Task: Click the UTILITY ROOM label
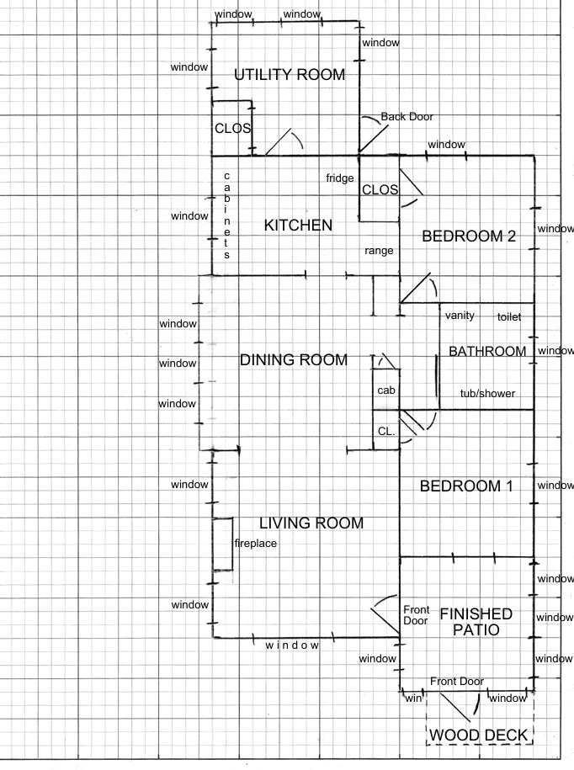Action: pyautogui.click(x=290, y=75)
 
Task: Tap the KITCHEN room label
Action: pyautogui.click(x=298, y=225)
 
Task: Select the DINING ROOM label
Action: pyautogui.click(x=294, y=360)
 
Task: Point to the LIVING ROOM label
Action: pyautogui.click(x=311, y=523)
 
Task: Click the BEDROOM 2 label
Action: pyautogui.click(x=469, y=236)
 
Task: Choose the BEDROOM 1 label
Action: pyautogui.click(x=466, y=486)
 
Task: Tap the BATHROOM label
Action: pyautogui.click(x=487, y=351)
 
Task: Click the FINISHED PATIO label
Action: pyautogui.click(x=476, y=622)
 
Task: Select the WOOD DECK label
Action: pyautogui.click(x=478, y=735)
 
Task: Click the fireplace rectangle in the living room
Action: pyautogui.click(x=222, y=544)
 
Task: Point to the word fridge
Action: pyautogui.click(x=340, y=178)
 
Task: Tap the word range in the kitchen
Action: pyautogui.click(x=379, y=251)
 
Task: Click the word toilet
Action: pyautogui.click(x=508, y=317)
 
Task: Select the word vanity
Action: pyautogui.click(x=460, y=316)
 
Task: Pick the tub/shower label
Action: pyautogui.click(x=487, y=393)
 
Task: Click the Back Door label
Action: pyautogui.click(x=407, y=117)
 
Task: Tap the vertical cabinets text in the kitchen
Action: pyautogui.click(x=227, y=215)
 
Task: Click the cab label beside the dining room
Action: pyautogui.click(x=386, y=390)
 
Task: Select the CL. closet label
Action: pyautogui.click(x=386, y=432)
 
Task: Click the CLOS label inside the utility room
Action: pyautogui.click(x=233, y=129)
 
